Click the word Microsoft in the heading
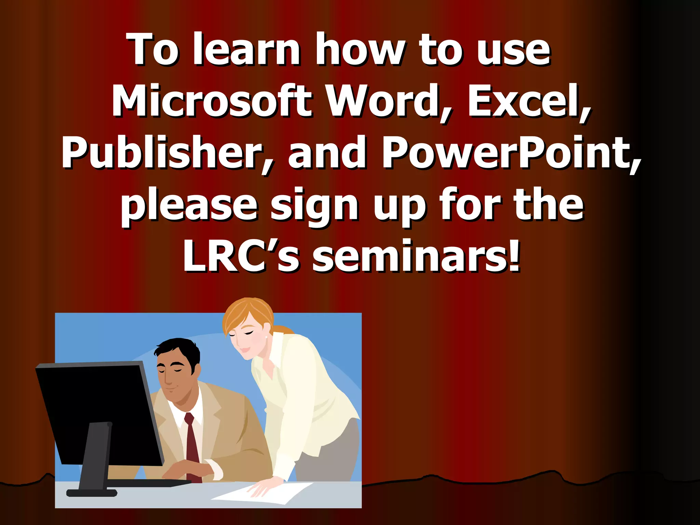pyautogui.click(x=212, y=101)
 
